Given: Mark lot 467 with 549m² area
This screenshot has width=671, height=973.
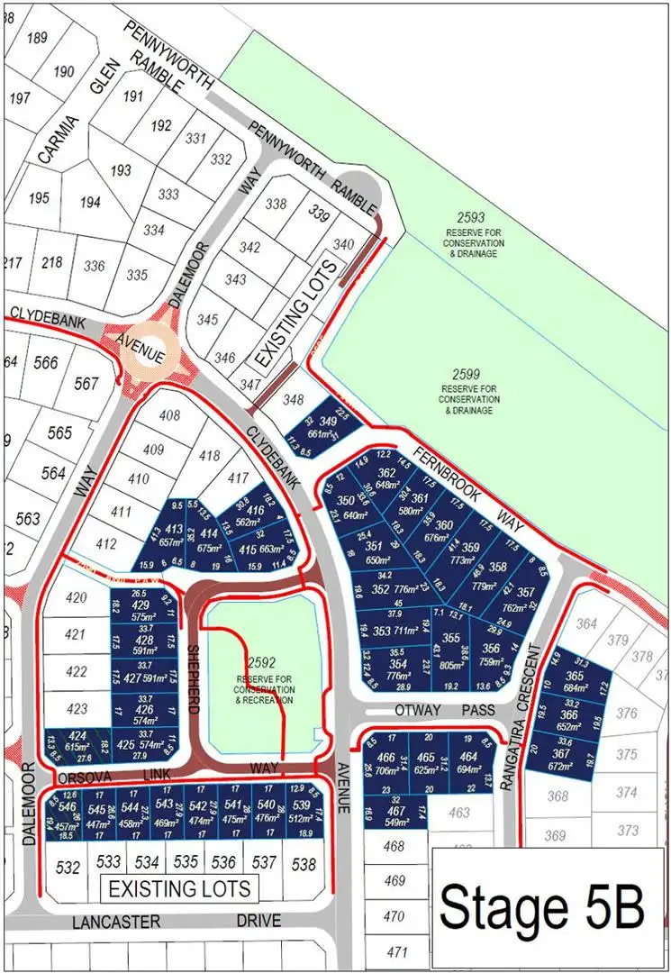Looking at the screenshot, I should (x=396, y=816).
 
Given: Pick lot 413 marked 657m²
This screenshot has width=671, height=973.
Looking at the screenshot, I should (x=171, y=534).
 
